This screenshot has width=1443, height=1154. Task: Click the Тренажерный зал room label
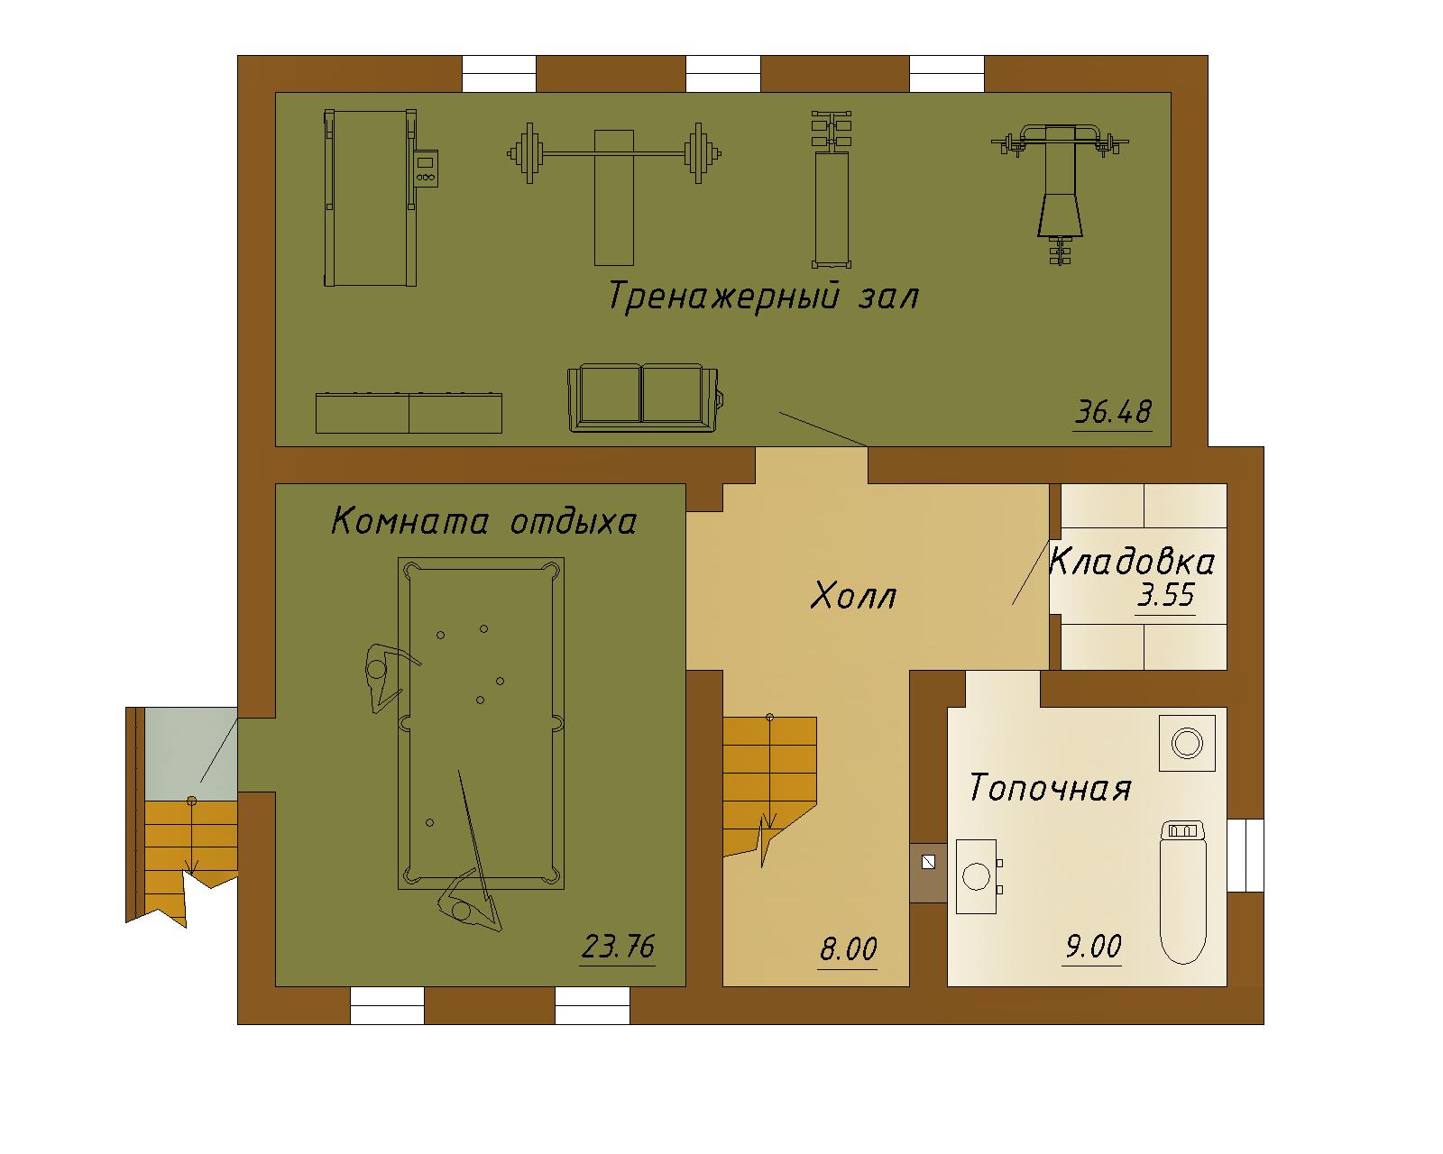pyautogui.click(x=763, y=297)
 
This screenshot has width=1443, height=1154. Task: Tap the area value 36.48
pyautogui.click(x=1113, y=412)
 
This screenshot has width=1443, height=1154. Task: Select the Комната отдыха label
pyautogui.click(x=483, y=521)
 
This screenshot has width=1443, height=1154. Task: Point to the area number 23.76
pyautogui.click(x=618, y=946)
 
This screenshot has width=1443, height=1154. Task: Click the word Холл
pyautogui.click(x=853, y=595)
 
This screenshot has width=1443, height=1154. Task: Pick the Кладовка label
pyautogui.click(x=1132, y=562)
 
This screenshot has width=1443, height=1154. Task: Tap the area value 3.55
pyautogui.click(x=1166, y=595)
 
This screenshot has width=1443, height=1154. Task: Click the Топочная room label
pyautogui.click(x=1050, y=787)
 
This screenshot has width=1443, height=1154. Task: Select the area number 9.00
pyautogui.click(x=1094, y=946)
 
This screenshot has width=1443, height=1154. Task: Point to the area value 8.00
pyautogui.click(x=849, y=948)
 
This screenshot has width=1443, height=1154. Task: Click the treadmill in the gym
pyautogui.click(x=380, y=197)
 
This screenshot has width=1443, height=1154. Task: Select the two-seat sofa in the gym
pyautogui.click(x=646, y=398)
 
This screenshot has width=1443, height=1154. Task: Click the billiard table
pyautogui.click(x=481, y=724)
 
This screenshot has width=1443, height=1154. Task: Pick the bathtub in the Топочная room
pyautogui.click(x=1183, y=892)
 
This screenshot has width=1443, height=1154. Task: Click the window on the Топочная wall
pyautogui.click(x=1245, y=855)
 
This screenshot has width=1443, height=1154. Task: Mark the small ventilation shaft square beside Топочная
pyautogui.click(x=929, y=862)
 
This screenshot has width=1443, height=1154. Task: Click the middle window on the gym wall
pyautogui.click(x=722, y=74)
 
